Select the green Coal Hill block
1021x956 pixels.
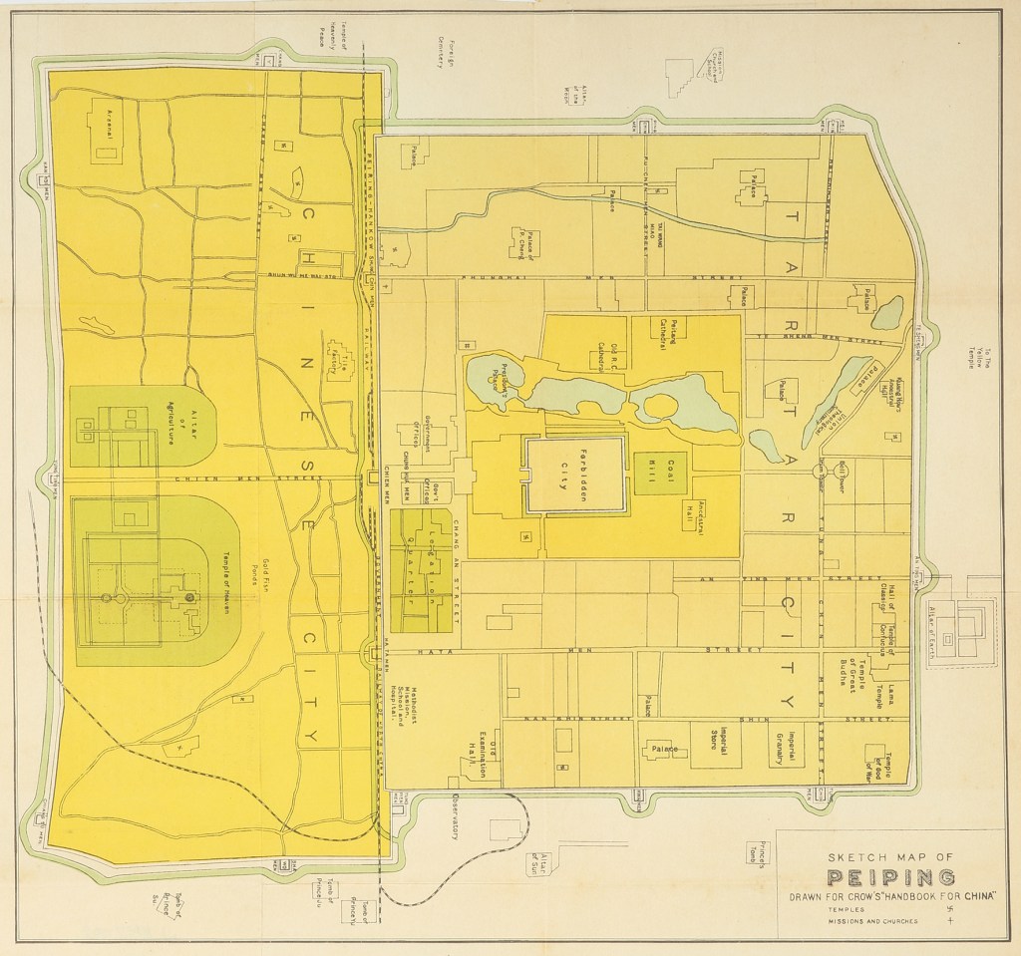click(652, 474)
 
